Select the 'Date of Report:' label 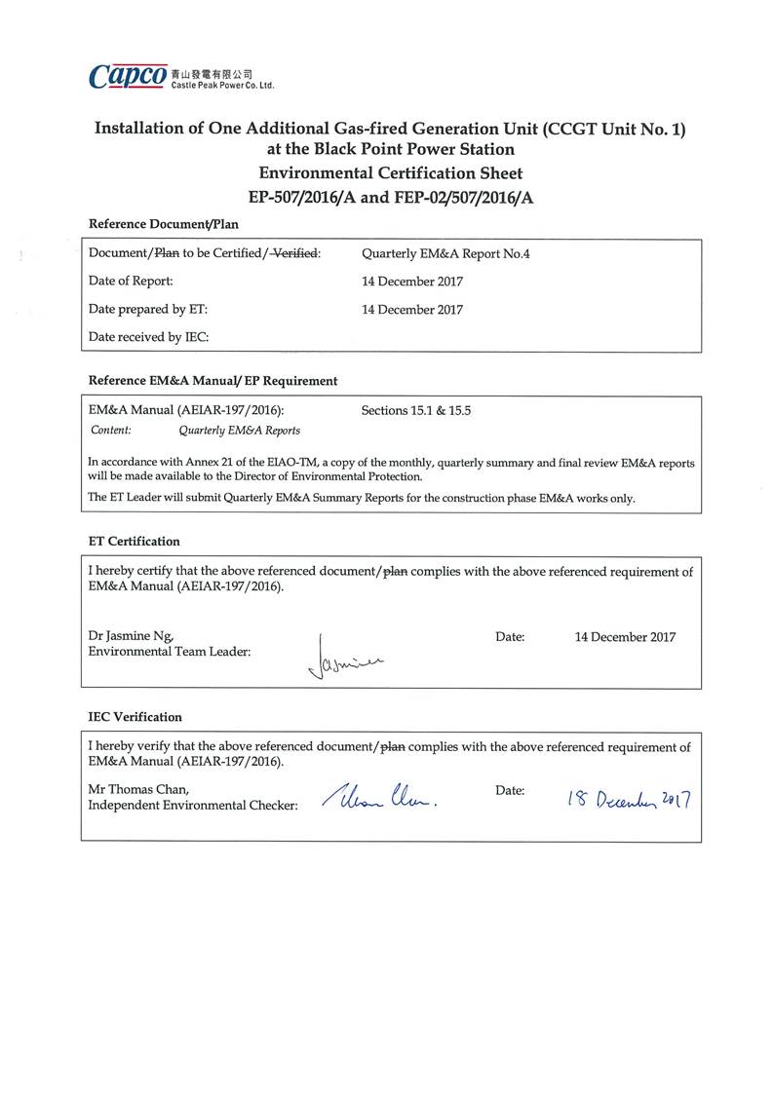[131, 282]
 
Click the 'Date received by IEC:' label [149, 337]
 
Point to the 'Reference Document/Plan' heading [163, 224]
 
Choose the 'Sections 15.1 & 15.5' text [416, 410]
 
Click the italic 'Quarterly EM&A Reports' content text [239, 430]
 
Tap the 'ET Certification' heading [134, 541]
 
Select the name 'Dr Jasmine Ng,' [132, 636]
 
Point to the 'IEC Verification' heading [135, 717]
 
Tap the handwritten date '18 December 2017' [629, 800]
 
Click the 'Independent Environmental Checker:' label [193, 806]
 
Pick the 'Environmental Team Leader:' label [170, 652]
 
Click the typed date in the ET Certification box [625, 637]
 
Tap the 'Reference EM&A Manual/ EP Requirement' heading [213, 381]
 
